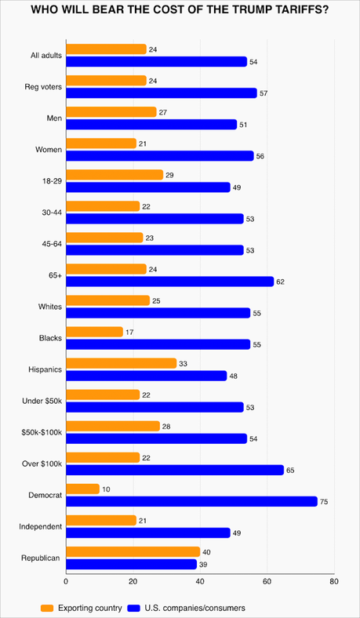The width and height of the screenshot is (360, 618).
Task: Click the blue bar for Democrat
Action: (191, 502)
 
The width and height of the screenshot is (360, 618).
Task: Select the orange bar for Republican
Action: (133, 552)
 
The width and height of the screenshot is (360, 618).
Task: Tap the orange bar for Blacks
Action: (94, 332)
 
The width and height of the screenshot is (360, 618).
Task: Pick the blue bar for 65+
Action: (169, 282)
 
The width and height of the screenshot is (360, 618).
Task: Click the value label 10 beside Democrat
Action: (106, 489)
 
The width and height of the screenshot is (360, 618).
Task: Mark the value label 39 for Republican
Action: (203, 565)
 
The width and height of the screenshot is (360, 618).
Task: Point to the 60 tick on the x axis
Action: (267, 582)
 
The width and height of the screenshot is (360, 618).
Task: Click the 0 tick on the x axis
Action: (66, 582)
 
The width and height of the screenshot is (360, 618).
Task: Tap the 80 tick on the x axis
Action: (334, 582)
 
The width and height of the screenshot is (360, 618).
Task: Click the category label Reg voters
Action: (43, 87)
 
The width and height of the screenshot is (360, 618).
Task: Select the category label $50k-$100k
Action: (40, 433)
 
